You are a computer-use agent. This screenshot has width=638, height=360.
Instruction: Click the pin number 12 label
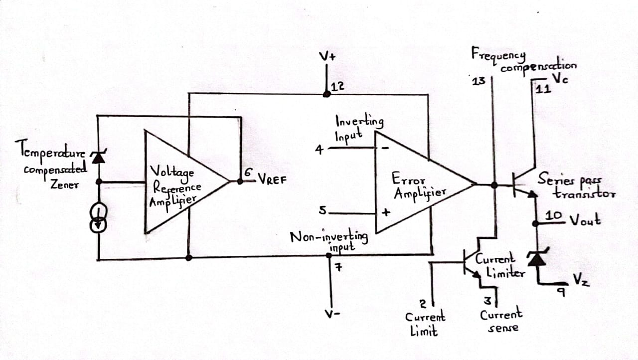pos(338,87)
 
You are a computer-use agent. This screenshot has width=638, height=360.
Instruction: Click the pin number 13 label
pos(478,81)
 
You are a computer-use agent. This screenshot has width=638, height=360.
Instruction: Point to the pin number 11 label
pos(543,89)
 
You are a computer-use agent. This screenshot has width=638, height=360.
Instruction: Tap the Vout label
pos(585,220)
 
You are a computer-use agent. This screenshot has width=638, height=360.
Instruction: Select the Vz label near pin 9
pos(581,279)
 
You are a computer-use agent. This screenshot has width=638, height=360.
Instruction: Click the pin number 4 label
pos(319,150)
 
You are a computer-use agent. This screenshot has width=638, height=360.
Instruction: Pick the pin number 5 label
pos(322,211)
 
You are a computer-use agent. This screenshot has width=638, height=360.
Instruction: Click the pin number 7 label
pos(338,267)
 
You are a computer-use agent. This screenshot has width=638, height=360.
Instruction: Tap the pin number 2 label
pos(423,304)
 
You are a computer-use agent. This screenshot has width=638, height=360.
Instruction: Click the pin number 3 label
pos(488,301)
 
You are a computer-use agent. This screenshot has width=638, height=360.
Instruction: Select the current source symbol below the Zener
pos(99,217)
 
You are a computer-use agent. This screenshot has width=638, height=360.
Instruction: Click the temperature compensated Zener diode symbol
pos(99,157)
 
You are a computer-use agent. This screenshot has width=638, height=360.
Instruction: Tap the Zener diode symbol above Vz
pos(537,257)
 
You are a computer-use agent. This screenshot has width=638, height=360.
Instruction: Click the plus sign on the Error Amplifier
pos(386,212)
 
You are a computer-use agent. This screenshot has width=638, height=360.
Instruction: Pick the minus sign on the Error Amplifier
pos(385,148)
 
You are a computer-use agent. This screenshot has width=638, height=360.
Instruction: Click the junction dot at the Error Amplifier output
pos(494,185)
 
